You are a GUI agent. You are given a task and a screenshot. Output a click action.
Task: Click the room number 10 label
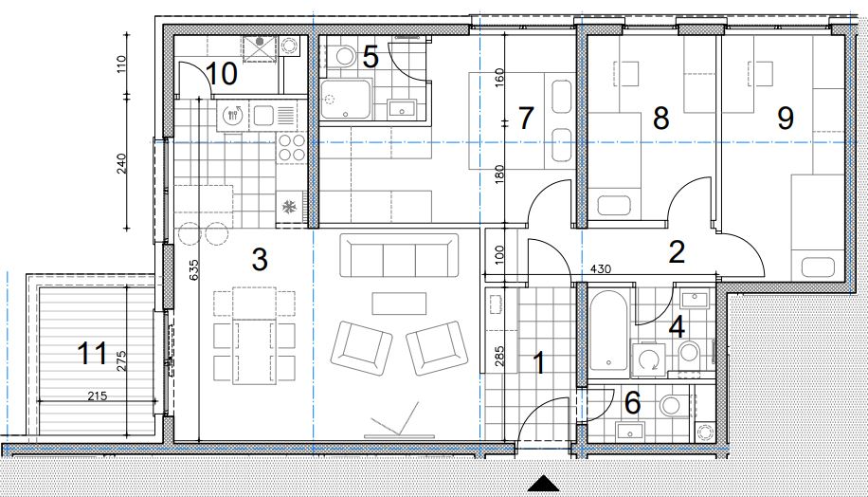click(x=222, y=73)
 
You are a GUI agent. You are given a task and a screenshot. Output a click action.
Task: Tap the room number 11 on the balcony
click(x=93, y=353)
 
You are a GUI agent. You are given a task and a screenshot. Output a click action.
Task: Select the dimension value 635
click(x=193, y=269)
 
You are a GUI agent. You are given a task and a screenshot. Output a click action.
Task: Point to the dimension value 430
click(x=601, y=269)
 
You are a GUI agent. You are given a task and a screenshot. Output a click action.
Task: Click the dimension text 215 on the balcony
click(x=97, y=396)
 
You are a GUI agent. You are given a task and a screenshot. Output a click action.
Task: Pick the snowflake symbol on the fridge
click(x=288, y=207)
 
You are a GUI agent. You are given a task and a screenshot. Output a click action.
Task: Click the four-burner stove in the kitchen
click(x=291, y=147)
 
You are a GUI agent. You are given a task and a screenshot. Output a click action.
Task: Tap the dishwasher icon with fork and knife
click(x=233, y=116)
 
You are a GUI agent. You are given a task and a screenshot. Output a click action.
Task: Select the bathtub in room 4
click(x=608, y=330)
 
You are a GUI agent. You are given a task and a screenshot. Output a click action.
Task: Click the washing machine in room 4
click(x=648, y=359)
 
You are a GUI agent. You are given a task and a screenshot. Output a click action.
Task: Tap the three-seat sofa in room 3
click(x=399, y=255)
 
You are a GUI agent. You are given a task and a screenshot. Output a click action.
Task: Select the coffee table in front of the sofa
click(x=399, y=304)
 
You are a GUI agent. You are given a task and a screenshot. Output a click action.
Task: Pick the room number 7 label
click(x=525, y=118)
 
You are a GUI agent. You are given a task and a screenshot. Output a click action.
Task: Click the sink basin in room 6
click(x=630, y=430)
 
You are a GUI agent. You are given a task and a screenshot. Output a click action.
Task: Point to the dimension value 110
click(x=122, y=64)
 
